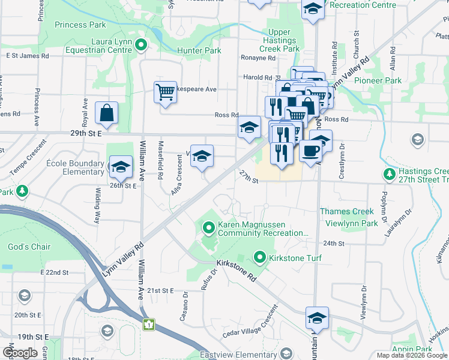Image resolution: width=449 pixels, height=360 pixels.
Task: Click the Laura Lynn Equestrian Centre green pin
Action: (x=141, y=44)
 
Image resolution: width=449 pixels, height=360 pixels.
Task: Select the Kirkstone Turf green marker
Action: (x=260, y=258)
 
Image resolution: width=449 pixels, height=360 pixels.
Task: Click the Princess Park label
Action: (x=80, y=25)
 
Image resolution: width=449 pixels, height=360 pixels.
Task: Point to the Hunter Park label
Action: (x=199, y=51)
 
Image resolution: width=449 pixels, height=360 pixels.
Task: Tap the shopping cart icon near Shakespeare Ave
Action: (x=165, y=93)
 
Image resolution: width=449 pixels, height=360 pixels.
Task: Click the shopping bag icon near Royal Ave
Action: (x=106, y=113)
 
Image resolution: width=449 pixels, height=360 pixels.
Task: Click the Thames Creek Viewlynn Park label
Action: (x=348, y=217)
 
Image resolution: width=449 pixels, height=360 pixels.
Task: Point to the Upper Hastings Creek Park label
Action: (x=280, y=40)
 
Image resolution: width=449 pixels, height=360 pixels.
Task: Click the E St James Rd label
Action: (x=27, y=56)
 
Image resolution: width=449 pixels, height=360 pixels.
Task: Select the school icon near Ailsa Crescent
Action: (x=202, y=155)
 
